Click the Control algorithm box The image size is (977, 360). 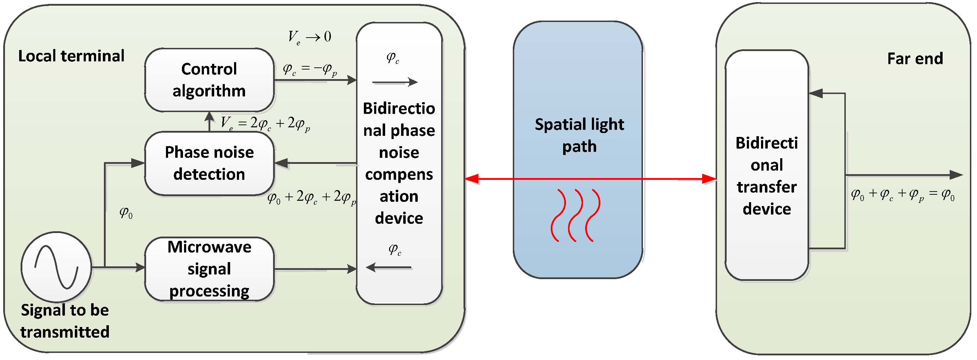pos(209,80)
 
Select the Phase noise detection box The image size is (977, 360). pos(209,163)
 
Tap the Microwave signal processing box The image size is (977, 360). pos(209,269)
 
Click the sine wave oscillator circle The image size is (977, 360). pos(56,267)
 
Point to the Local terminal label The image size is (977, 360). pos(71,56)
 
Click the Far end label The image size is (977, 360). pos(915,59)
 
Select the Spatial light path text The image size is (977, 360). pos(579,135)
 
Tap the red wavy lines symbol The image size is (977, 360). pos(575,216)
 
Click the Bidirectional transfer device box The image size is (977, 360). pos(766,165)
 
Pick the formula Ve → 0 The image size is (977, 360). pos(309,37)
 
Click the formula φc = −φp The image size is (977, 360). pos(310,70)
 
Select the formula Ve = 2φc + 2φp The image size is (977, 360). pos(265,124)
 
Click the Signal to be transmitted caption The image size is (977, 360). pos(65,321)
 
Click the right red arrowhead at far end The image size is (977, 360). pos(709,179)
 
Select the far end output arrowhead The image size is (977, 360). pos(956,175)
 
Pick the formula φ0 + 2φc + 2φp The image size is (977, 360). pos(311,197)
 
